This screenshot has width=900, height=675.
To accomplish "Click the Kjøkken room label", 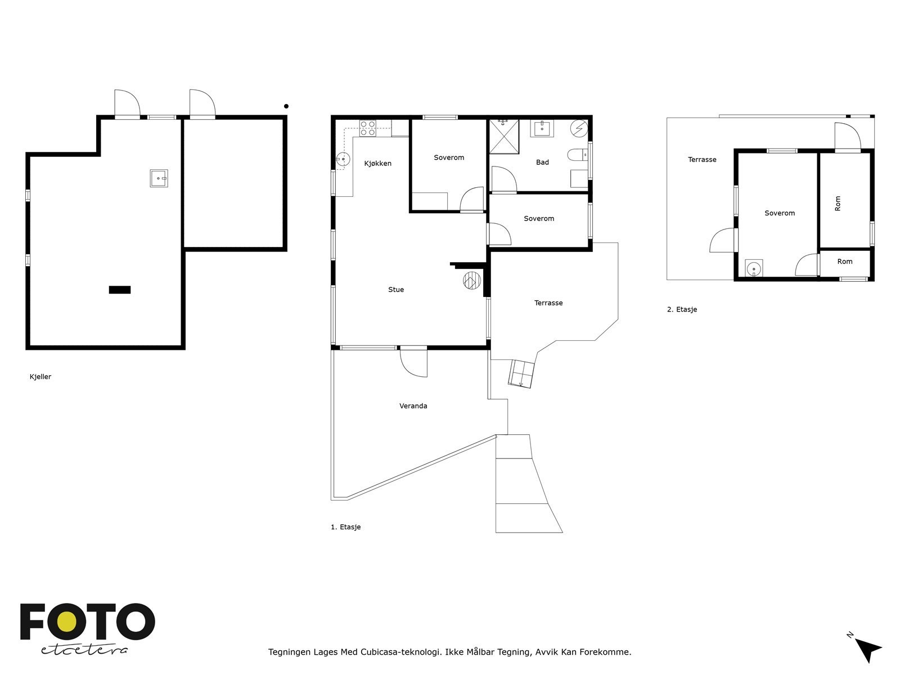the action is [x=377, y=164].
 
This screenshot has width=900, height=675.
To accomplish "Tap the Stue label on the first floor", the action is [x=396, y=290].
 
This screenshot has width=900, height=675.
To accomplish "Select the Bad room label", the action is [x=542, y=163].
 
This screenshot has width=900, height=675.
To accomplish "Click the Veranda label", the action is [x=413, y=406].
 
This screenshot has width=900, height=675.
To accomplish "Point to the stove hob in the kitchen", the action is [x=368, y=128].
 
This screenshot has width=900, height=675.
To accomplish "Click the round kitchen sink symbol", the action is [x=343, y=159].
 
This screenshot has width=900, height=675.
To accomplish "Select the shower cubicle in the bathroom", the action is [x=504, y=137].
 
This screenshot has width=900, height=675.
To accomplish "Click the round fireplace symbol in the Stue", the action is [x=472, y=281].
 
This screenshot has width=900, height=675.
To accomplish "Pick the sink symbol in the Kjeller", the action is [x=159, y=178].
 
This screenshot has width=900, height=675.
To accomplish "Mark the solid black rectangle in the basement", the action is [x=120, y=290].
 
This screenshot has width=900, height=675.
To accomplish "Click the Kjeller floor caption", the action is [x=40, y=377].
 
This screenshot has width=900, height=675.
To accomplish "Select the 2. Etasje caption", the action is [x=682, y=309].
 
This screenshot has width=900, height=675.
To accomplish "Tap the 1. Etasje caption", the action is [x=345, y=527].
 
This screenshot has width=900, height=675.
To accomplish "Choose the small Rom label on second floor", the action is [x=845, y=262].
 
